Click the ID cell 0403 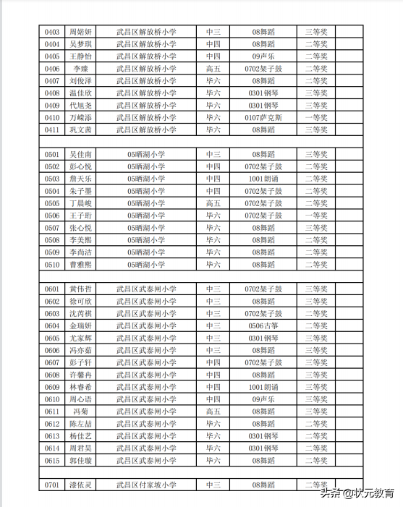[52, 32]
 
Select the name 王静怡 [80, 56]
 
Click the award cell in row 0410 [316, 118]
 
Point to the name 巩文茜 [80, 130]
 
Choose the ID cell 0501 [52, 155]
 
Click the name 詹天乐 [80, 179]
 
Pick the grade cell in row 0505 [213, 204]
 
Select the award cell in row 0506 [316, 216]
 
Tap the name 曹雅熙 [80, 265]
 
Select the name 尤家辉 [80, 338]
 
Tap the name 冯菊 [80, 412]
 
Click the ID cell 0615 [52, 461]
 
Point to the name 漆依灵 [80, 485]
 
